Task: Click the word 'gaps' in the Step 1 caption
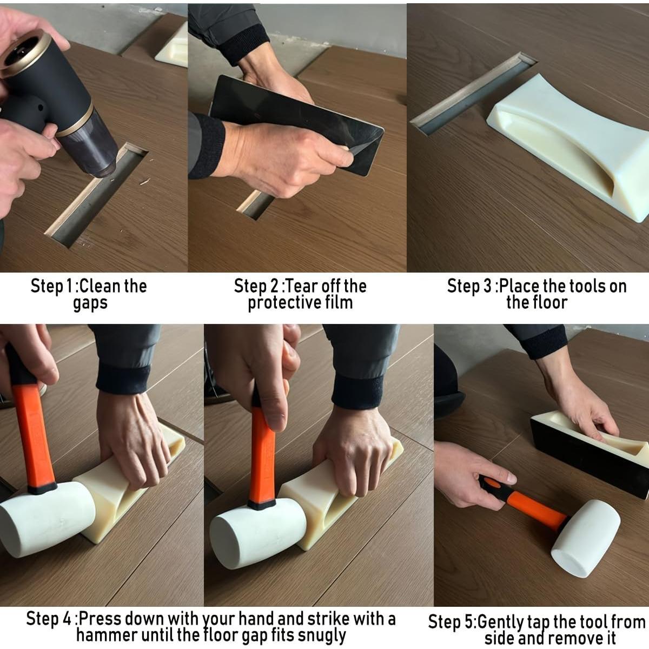[90, 304]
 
